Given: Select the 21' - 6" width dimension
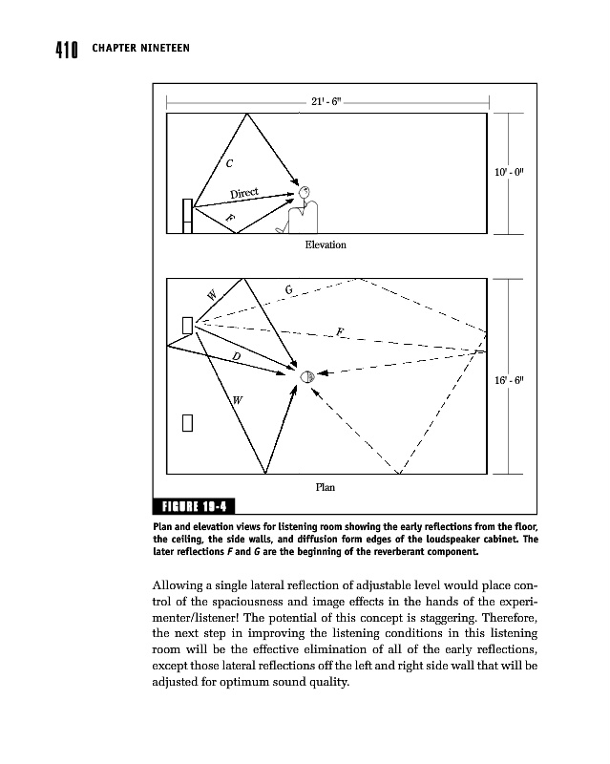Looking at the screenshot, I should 327,102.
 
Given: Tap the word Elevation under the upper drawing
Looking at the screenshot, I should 325,245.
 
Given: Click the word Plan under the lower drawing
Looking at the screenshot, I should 325,487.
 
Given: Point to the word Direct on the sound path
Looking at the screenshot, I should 246,195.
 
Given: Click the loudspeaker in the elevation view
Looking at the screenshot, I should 189,215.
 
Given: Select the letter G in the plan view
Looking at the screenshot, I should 289,289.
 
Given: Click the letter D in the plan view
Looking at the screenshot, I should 236,355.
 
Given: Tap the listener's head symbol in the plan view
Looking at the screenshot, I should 307,376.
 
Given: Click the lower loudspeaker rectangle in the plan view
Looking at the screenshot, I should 189,422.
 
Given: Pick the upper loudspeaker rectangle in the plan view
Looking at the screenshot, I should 188,326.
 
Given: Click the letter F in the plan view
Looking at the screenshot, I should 339,332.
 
